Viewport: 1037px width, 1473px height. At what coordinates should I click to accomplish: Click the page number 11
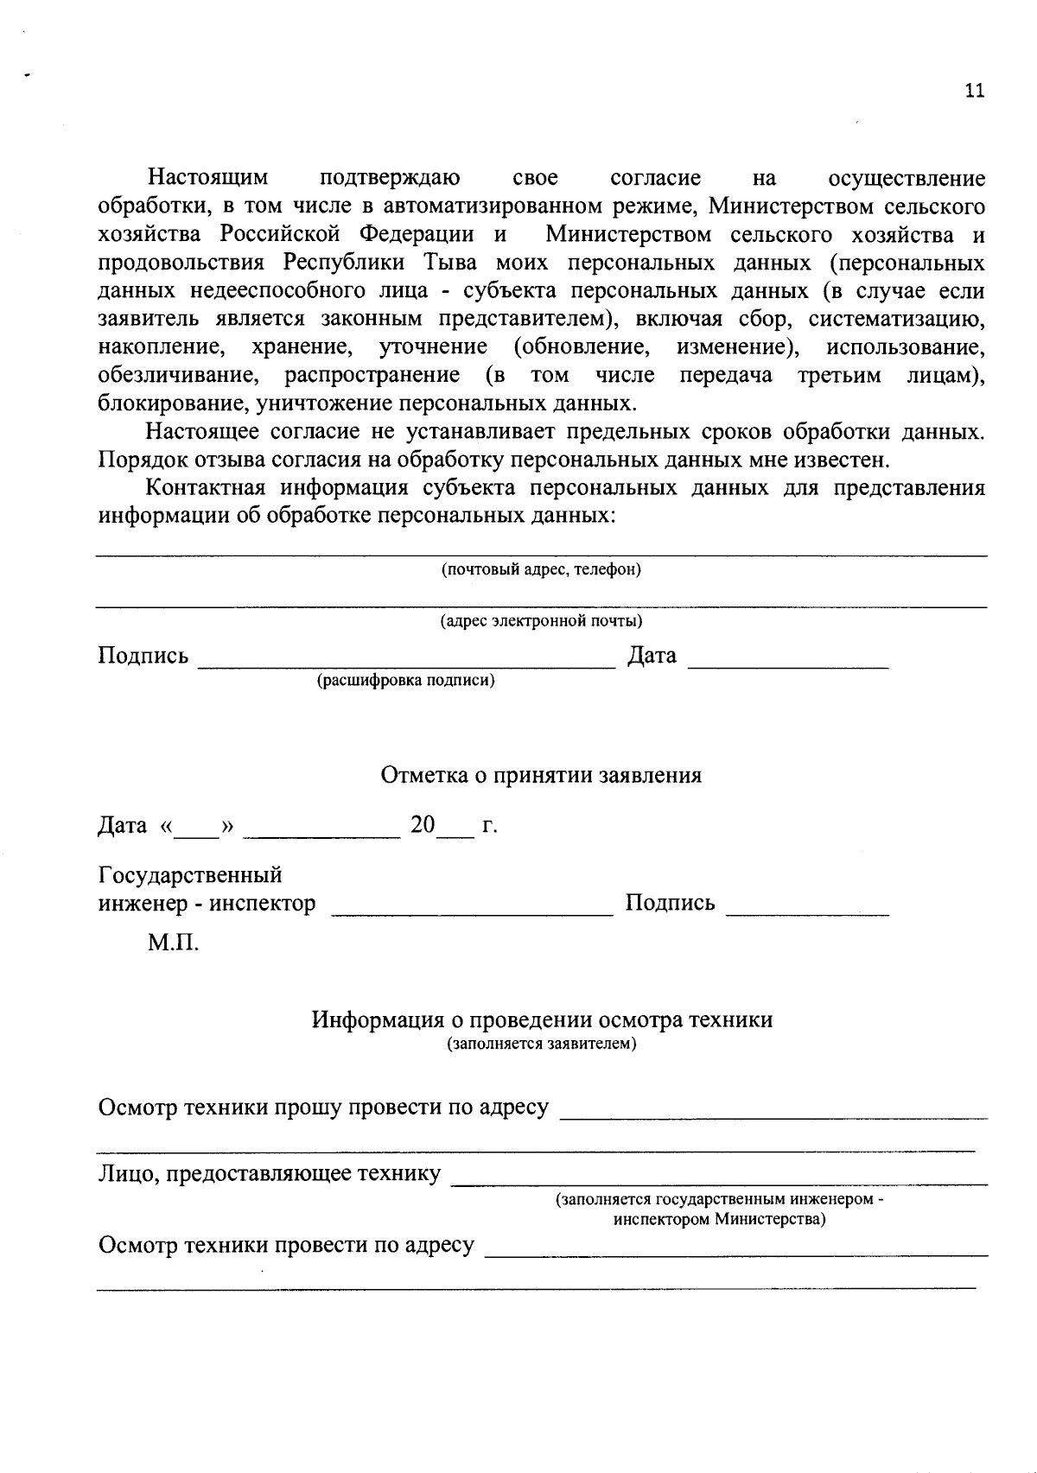[x=974, y=92]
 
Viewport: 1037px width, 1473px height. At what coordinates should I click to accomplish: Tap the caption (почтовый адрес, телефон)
[x=541, y=569]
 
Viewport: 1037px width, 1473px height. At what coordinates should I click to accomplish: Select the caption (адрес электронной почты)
[x=541, y=621]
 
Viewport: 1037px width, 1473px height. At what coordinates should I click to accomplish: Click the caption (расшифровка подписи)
[x=406, y=681]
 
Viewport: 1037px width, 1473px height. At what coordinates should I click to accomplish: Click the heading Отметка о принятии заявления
[x=541, y=775]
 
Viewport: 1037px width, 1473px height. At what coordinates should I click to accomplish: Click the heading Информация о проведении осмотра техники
[x=542, y=1020]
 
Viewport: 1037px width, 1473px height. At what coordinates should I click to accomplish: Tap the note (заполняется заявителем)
[x=542, y=1044]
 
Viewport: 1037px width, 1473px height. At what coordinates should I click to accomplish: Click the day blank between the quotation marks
[x=198, y=833]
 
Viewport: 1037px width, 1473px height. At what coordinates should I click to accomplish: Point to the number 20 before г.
[x=423, y=825]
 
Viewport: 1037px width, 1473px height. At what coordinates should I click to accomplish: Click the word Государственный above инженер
[x=191, y=875]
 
